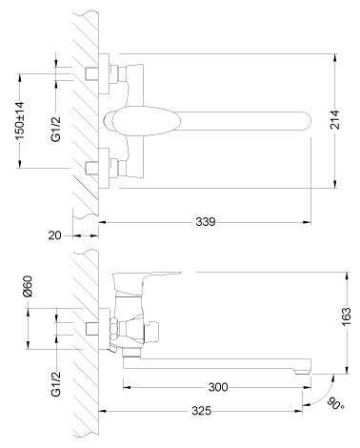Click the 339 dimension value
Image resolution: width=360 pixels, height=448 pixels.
(x=205, y=222)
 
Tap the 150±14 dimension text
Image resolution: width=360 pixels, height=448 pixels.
(x=20, y=121)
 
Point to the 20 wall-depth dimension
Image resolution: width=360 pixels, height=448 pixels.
(x=54, y=235)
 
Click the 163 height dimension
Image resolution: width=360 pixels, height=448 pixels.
(x=347, y=316)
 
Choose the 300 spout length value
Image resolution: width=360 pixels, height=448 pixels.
(x=218, y=387)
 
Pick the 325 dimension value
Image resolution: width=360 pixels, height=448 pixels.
(x=201, y=411)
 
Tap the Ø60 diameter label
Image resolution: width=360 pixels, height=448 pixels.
(x=28, y=286)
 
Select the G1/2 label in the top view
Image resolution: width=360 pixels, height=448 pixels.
(x=56, y=129)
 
